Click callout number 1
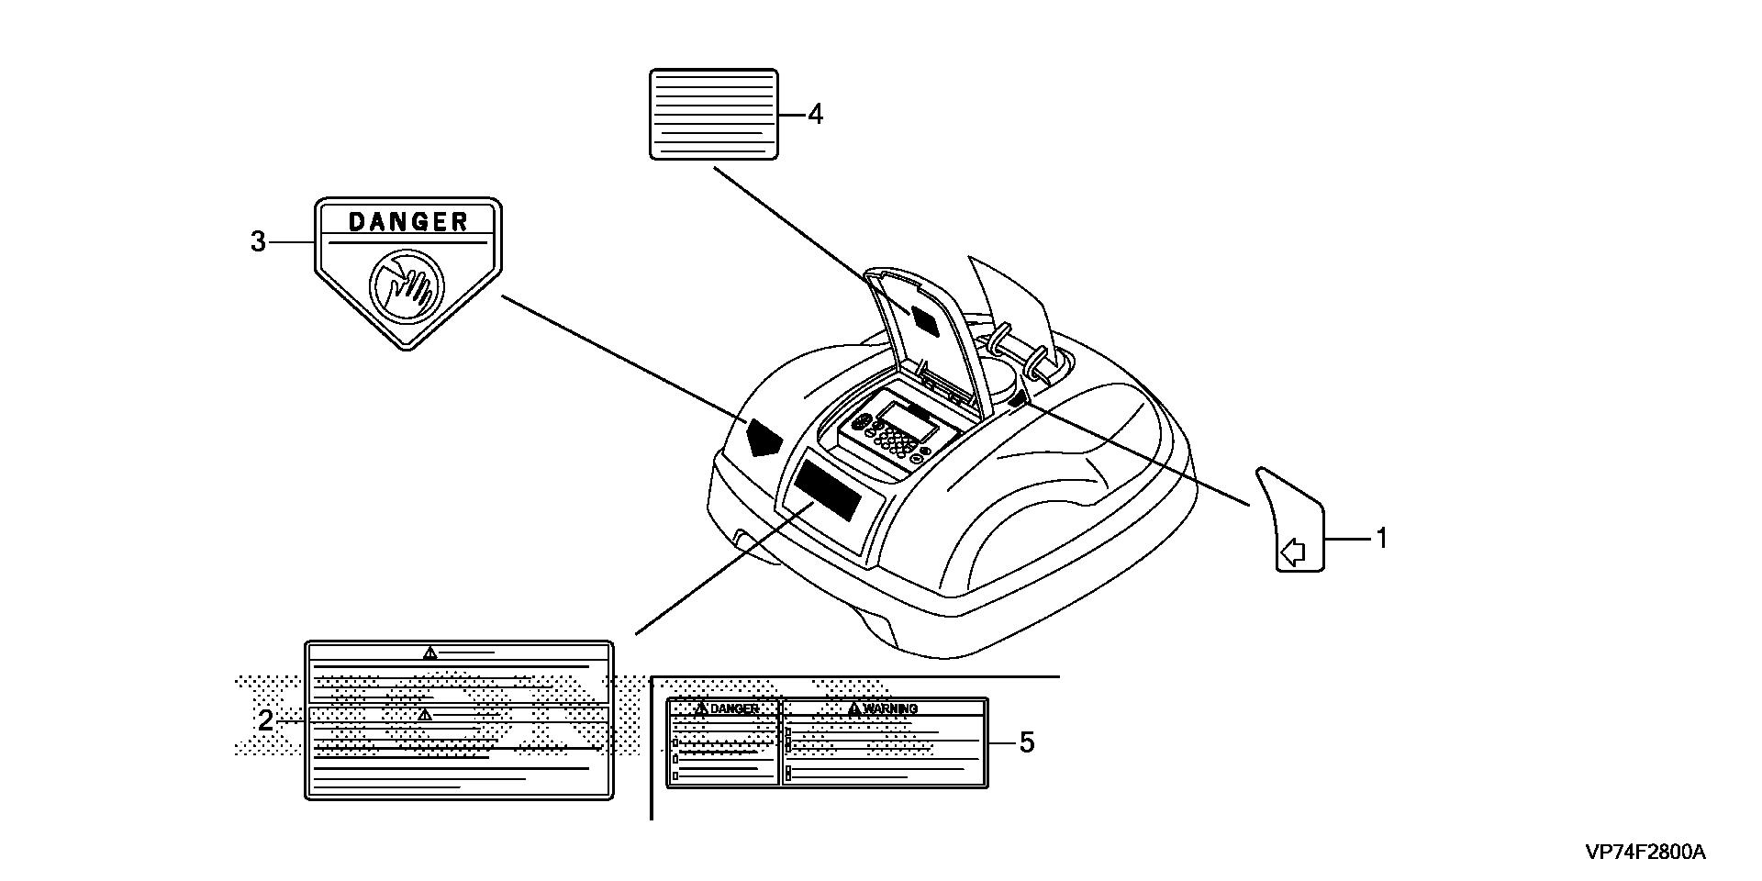click(1381, 539)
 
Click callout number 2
click(264, 720)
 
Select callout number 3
click(259, 241)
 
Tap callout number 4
click(814, 115)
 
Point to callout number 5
click(1026, 742)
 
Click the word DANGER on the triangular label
click(408, 221)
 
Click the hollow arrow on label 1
click(1292, 552)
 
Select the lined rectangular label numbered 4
click(713, 114)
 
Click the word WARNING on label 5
click(890, 708)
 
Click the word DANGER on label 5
click(735, 708)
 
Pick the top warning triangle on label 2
click(429, 652)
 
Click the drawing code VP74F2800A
click(1645, 853)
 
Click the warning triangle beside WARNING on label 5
click(854, 708)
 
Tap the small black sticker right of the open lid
click(1017, 400)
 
